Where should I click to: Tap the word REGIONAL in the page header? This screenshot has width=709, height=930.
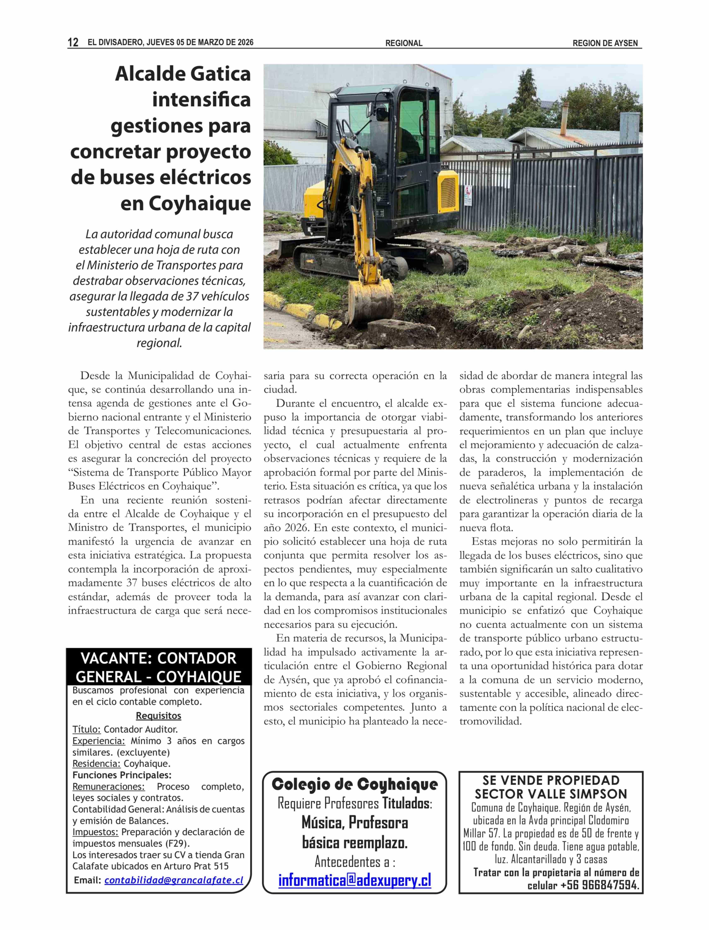(x=403, y=43)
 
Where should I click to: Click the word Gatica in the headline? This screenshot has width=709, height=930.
(x=221, y=74)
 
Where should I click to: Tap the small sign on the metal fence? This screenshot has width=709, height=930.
(x=468, y=196)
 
